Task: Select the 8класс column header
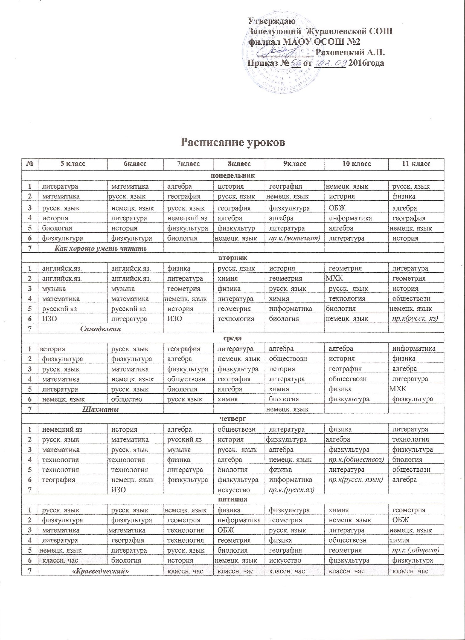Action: tap(239, 164)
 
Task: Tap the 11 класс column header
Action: tap(416, 164)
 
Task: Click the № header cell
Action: tap(30, 164)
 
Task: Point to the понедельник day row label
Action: tap(233, 175)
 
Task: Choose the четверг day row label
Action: tap(233, 419)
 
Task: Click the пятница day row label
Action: tap(233, 500)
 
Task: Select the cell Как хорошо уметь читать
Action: tap(100, 249)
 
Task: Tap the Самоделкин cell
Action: tap(100, 329)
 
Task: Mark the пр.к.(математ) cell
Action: tap(294, 238)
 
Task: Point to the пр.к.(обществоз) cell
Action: tap(356, 460)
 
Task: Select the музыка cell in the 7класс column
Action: tap(179, 450)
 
